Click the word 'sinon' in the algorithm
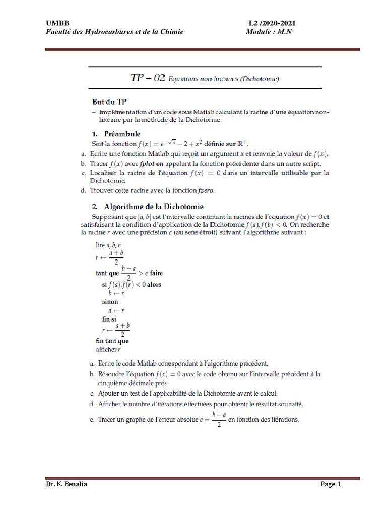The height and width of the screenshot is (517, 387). pyautogui.click(x=110, y=301)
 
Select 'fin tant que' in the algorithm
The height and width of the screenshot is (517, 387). pyautogui.click(x=112, y=341)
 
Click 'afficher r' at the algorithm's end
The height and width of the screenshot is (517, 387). pyautogui.click(x=108, y=349)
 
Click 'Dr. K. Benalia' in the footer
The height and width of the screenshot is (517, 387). pyautogui.click(x=67, y=485)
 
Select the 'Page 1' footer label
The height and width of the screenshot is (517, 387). pyautogui.click(x=331, y=485)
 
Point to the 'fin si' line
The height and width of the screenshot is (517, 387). pyautogui.click(x=109, y=319)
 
